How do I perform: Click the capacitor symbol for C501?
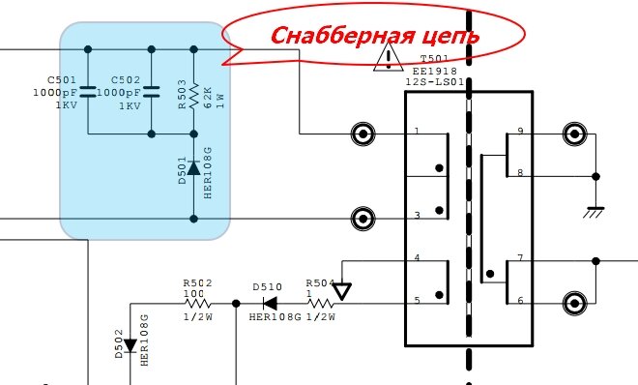tap(88, 92)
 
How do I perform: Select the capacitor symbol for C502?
tap(151, 92)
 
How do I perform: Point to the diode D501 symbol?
tap(194, 168)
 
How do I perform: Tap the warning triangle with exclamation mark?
tap(388, 58)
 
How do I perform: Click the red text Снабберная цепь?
tap(375, 37)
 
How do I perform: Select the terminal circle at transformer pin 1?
tap(362, 133)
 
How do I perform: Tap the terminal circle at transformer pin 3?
tap(362, 216)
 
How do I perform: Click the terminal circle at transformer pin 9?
tap(574, 133)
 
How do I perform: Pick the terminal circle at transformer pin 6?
tap(574, 301)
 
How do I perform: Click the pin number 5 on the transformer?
tap(417, 301)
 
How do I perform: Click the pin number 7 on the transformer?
tap(520, 259)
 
